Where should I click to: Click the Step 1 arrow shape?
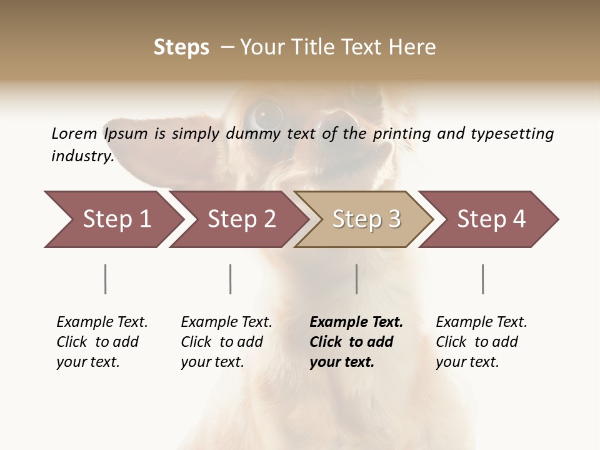point(112,219)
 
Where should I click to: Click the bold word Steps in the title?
point(181,47)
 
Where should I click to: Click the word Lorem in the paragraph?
point(74,134)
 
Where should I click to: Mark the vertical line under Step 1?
point(106,279)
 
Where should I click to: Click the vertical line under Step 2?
point(231,279)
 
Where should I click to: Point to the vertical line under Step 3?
point(357,279)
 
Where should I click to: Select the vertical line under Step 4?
point(483,279)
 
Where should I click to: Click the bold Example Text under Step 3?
point(356,322)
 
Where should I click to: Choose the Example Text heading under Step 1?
point(102,322)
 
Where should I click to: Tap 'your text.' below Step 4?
point(467,362)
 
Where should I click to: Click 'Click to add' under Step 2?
point(222,342)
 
